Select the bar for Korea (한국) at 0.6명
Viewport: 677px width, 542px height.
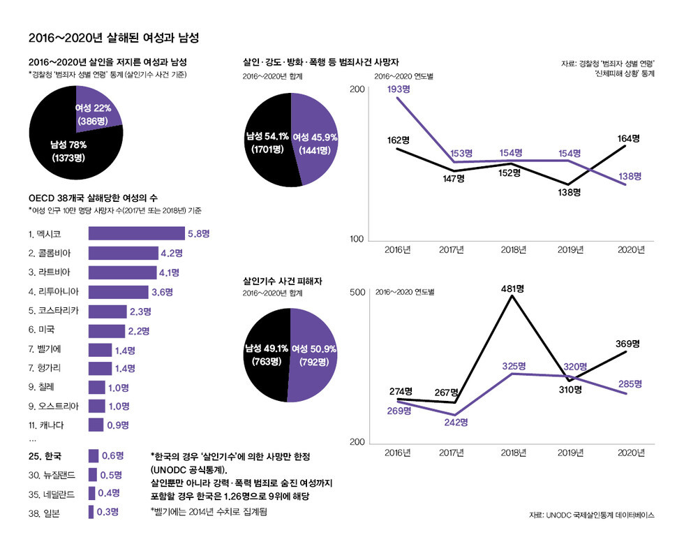93,456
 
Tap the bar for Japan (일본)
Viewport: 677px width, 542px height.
91,512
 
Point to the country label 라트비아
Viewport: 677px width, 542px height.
50,272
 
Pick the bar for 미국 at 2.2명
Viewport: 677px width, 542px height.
107,330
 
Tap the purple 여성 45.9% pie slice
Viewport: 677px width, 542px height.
318,143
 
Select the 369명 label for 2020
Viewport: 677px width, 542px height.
627,343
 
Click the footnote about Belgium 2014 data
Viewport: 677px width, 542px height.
209,512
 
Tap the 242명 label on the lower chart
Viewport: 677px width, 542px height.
454,423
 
